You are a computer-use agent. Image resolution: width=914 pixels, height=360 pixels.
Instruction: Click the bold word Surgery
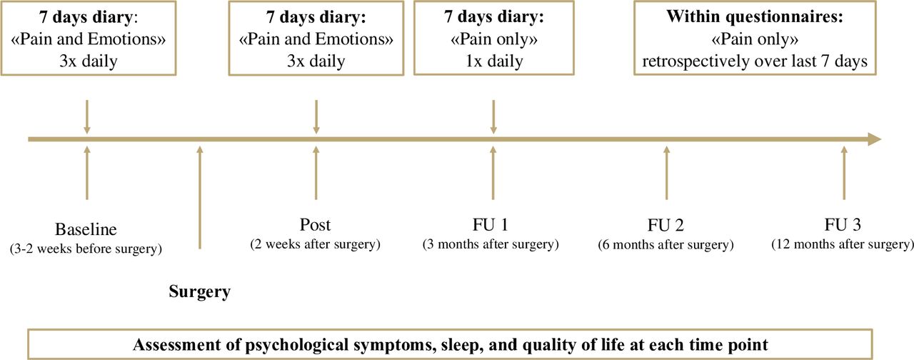199,292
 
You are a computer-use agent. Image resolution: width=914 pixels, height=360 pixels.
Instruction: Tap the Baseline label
86,229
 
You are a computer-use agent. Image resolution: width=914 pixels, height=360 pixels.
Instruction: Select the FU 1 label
491,225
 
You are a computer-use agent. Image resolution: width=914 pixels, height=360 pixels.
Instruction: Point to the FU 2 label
666,225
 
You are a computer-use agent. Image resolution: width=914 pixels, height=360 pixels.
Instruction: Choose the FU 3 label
843,225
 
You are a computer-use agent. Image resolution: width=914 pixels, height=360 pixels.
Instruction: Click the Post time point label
315,225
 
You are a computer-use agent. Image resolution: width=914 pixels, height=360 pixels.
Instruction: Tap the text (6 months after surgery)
666,245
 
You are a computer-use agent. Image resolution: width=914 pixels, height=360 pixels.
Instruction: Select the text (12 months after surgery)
843,244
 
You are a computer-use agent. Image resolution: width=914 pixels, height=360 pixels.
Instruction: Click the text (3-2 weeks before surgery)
86,249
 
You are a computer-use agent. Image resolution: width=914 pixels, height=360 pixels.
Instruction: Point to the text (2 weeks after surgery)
315,244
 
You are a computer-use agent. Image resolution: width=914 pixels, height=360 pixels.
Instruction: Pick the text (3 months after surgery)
491,244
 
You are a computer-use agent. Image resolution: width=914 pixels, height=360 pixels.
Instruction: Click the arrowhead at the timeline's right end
875,139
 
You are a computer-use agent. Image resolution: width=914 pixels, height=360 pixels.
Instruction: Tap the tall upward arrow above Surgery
199,198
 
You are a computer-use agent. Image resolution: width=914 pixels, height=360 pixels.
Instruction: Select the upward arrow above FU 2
667,173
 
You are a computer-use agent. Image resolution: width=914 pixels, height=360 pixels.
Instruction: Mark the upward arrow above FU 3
844,173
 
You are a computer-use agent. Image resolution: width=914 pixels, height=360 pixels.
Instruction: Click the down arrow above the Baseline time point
87,116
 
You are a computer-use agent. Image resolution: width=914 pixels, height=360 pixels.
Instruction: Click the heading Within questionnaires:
755,16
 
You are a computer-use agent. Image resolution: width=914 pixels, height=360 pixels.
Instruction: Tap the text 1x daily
494,61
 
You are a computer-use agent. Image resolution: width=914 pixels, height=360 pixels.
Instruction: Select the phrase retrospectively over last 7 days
755,61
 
